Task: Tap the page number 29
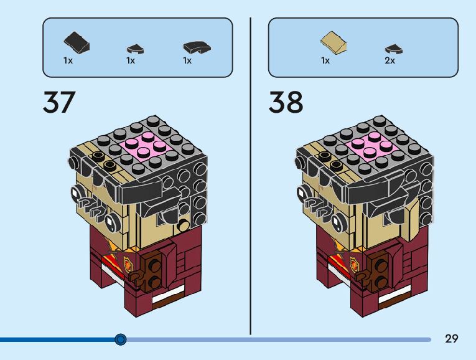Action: pyautogui.click(x=452, y=339)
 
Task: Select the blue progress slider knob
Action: pyautogui.click(x=121, y=339)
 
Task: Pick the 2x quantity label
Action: pyautogui.click(x=390, y=60)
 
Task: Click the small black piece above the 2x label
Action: pyautogui.click(x=391, y=47)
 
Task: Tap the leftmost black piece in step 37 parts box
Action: pyautogui.click(x=77, y=42)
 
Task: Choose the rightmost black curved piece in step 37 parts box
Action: pyautogui.click(x=197, y=47)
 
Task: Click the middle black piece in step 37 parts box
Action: pyautogui.click(x=135, y=48)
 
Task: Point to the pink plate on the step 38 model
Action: pyautogui.click(x=371, y=148)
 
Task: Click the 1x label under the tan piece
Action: pyautogui.click(x=325, y=60)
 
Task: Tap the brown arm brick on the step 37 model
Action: pyautogui.click(x=153, y=273)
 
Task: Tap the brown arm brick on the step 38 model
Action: pyautogui.click(x=378, y=272)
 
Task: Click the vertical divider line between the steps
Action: pyautogui.click(x=250, y=174)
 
